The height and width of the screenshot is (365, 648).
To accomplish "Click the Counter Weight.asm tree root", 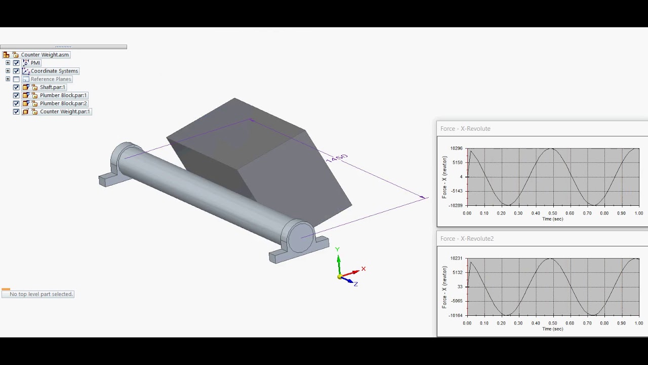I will tap(45, 55).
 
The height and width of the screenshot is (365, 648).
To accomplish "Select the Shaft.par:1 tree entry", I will tap(52, 87).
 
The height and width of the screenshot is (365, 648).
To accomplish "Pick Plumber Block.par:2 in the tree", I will tap(63, 103).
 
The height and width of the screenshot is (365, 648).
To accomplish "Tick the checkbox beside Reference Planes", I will tap(16, 79).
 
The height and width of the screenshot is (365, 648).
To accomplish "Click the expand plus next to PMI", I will tap(8, 63).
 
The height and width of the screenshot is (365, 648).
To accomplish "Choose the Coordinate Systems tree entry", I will tap(54, 71).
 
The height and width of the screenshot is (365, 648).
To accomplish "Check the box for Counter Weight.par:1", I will tap(16, 112).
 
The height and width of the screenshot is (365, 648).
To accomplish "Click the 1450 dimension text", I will tap(337, 158).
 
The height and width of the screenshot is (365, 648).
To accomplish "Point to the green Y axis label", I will tap(337, 249).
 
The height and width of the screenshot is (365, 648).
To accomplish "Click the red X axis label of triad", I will tap(363, 269).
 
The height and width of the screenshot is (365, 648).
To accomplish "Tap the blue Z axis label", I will tap(356, 284).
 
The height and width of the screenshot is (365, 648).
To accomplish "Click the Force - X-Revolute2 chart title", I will tap(467, 238).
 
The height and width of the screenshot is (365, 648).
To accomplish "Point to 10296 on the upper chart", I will tap(456, 148).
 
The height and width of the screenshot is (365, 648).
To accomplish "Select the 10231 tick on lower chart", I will tap(456, 258).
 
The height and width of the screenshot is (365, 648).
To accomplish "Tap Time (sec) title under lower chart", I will tap(552, 329).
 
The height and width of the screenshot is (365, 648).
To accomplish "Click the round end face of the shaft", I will tap(301, 237).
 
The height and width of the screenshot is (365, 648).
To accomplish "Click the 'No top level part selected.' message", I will tap(41, 294).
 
